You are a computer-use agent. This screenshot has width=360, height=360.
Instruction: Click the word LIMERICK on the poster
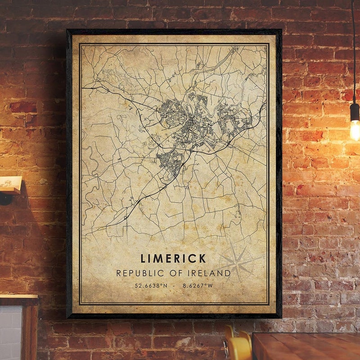(173, 258)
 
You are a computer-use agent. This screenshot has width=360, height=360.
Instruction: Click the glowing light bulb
(355, 129)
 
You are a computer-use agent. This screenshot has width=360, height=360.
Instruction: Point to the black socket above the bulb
(355, 112)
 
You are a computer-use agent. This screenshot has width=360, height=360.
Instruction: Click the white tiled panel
(10, 333)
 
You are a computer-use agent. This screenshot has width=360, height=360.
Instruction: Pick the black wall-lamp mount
(5, 198)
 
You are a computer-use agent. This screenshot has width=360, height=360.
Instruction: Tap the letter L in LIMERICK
(144, 258)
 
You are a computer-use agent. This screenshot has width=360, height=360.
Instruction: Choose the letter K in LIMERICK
(202, 258)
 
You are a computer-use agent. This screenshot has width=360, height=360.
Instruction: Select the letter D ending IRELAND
(227, 273)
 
